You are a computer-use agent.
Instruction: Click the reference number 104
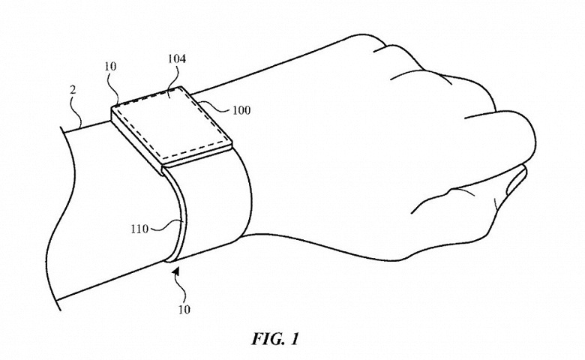click(x=177, y=59)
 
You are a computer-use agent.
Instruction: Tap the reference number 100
click(x=241, y=110)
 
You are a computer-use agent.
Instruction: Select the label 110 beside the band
click(x=139, y=229)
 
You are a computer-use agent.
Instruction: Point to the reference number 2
click(x=73, y=90)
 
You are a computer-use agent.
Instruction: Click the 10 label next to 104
click(x=110, y=67)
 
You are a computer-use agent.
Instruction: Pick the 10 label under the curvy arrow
click(x=184, y=310)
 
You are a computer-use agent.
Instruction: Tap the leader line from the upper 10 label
click(x=113, y=87)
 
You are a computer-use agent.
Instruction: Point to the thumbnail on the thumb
click(x=516, y=181)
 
